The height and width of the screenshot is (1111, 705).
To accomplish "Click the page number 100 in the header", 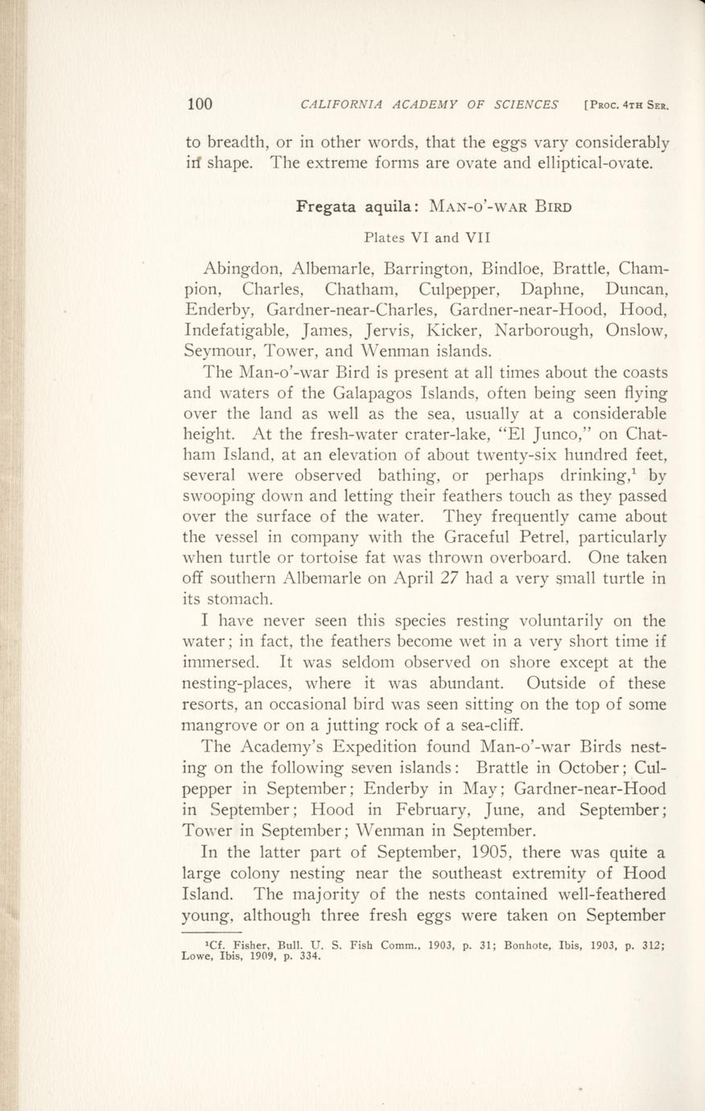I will [x=199, y=103].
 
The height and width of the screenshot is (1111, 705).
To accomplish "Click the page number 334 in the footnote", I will [x=309, y=958].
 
